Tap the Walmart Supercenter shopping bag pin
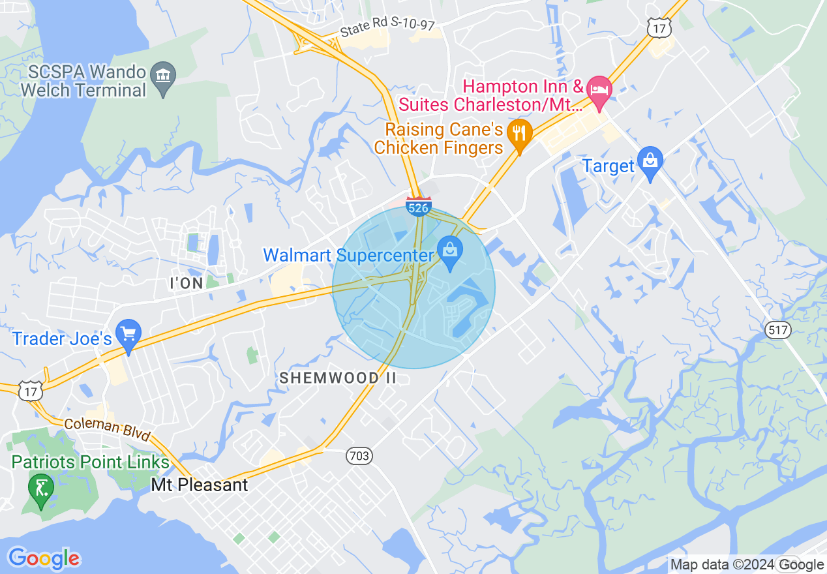click(x=449, y=250)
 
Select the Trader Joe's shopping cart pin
click(x=128, y=335)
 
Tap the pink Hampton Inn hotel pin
click(x=599, y=91)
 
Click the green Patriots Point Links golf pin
click(x=40, y=489)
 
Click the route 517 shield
click(x=778, y=330)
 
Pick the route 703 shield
click(x=359, y=457)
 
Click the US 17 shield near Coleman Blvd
click(x=32, y=391)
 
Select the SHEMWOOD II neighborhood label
click(x=338, y=378)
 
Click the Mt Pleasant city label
click(x=200, y=485)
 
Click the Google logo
click(x=44, y=558)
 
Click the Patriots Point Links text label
click(x=90, y=462)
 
